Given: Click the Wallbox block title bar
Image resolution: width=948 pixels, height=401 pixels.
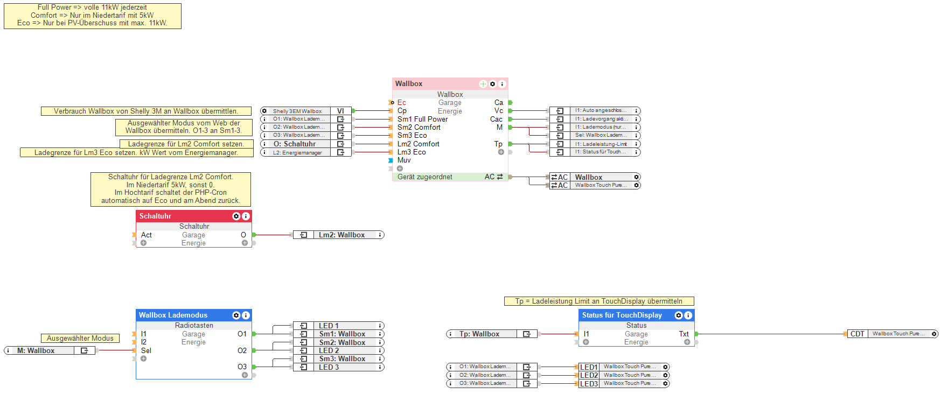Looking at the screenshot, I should [431, 84].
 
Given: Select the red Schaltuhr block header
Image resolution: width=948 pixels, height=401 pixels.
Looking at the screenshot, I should [183, 216].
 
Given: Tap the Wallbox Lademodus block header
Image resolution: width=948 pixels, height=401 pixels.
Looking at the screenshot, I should [183, 315].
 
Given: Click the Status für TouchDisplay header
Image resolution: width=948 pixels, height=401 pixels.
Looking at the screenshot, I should [625, 315].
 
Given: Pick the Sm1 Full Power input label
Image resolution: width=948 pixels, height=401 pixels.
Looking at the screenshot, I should [422, 119].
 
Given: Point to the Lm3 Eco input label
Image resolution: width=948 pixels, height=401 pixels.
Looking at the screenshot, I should [412, 152].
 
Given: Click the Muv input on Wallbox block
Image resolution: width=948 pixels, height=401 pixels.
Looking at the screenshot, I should [404, 160].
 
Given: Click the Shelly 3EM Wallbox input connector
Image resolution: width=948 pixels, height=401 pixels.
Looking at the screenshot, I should [305, 111].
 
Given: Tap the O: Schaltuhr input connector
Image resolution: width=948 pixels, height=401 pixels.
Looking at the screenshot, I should [305, 144].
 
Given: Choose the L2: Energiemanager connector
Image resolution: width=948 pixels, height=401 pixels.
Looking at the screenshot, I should [305, 152].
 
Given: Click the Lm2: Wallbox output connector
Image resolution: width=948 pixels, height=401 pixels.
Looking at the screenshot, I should [339, 235].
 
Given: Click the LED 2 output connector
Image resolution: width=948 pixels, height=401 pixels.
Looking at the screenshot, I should [339, 350].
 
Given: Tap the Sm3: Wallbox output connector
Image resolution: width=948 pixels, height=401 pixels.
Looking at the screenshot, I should [339, 358].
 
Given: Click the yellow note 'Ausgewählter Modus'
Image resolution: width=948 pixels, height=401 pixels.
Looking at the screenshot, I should [80, 338].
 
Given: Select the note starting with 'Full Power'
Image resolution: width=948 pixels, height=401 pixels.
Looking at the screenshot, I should [92, 16].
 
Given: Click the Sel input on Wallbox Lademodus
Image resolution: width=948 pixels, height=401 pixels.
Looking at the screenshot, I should [146, 350].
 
